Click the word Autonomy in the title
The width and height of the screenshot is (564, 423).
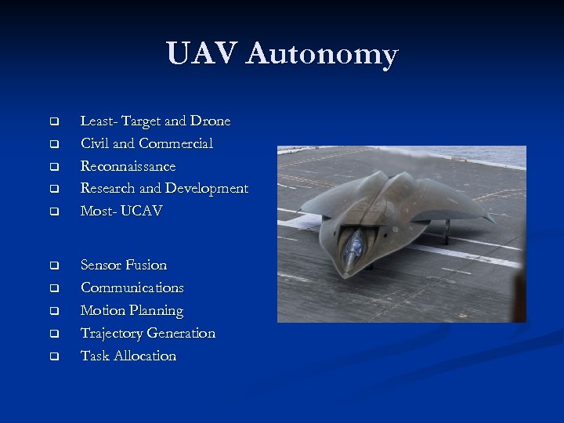(x=322, y=54)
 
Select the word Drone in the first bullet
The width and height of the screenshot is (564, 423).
(x=210, y=121)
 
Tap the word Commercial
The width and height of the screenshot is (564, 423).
(x=175, y=144)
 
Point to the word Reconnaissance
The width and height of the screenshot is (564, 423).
(x=128, y=167)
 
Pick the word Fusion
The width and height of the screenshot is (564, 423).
(x=147, y=266)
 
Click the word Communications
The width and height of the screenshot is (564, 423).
(x=132, y=288)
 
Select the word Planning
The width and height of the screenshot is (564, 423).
(x=157, y=311)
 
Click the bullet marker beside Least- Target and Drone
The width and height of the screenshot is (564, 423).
(x=54, y=122)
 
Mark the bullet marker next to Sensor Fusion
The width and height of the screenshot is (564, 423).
(x=54, y=266)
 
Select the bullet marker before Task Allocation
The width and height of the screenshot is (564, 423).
(x=54, y=357)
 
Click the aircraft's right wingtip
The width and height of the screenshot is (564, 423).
(x=492, y=220)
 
